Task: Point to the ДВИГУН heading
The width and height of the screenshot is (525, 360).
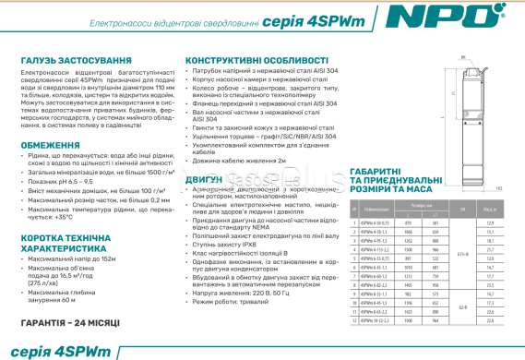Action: tap(203, 175)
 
